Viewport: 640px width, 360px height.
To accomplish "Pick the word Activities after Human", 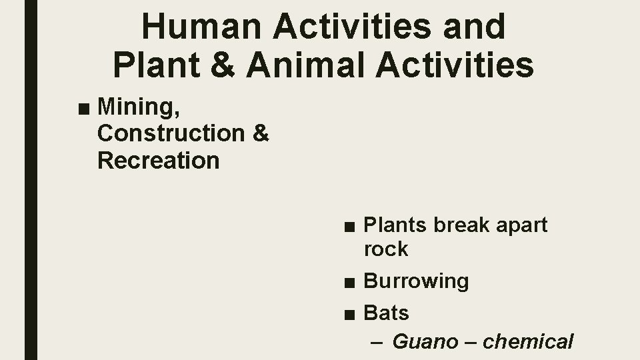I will pos(339,27).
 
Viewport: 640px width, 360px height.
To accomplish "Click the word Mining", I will pos(135,107).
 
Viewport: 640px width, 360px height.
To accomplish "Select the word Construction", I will pos(171,133).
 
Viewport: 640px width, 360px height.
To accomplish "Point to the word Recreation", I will pos(158,160).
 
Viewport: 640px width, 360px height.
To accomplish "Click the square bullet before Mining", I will pos(83,107).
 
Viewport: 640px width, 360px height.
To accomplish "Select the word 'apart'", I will pos(522,226).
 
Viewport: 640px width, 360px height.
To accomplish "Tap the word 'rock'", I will pos(386,249).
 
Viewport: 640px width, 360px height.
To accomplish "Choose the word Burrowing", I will pos(416,281).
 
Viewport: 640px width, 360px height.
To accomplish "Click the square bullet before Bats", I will pos(350,313).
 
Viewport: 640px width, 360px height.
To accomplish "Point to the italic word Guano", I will pos(425,342).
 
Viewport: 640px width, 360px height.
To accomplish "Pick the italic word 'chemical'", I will pos(528,342).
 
